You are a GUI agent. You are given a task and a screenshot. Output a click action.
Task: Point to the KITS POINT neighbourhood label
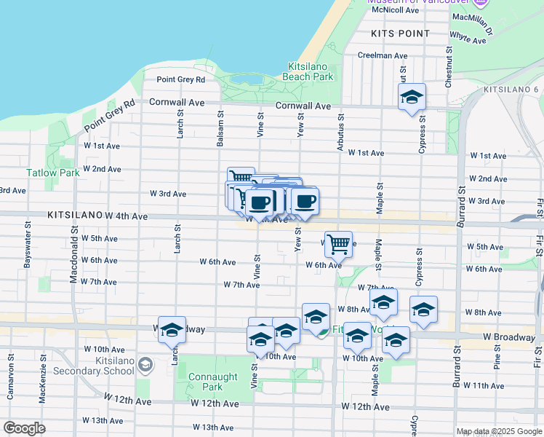pos(399,34)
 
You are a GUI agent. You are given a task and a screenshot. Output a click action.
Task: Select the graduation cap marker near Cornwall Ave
pos(412,96)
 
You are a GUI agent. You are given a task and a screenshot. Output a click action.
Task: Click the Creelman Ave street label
pos(383,55)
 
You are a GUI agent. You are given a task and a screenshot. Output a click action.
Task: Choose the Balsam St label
pos(219,129)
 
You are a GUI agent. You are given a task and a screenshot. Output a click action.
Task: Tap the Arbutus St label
pos(339,132)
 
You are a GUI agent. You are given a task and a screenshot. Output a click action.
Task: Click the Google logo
pos(25,428)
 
